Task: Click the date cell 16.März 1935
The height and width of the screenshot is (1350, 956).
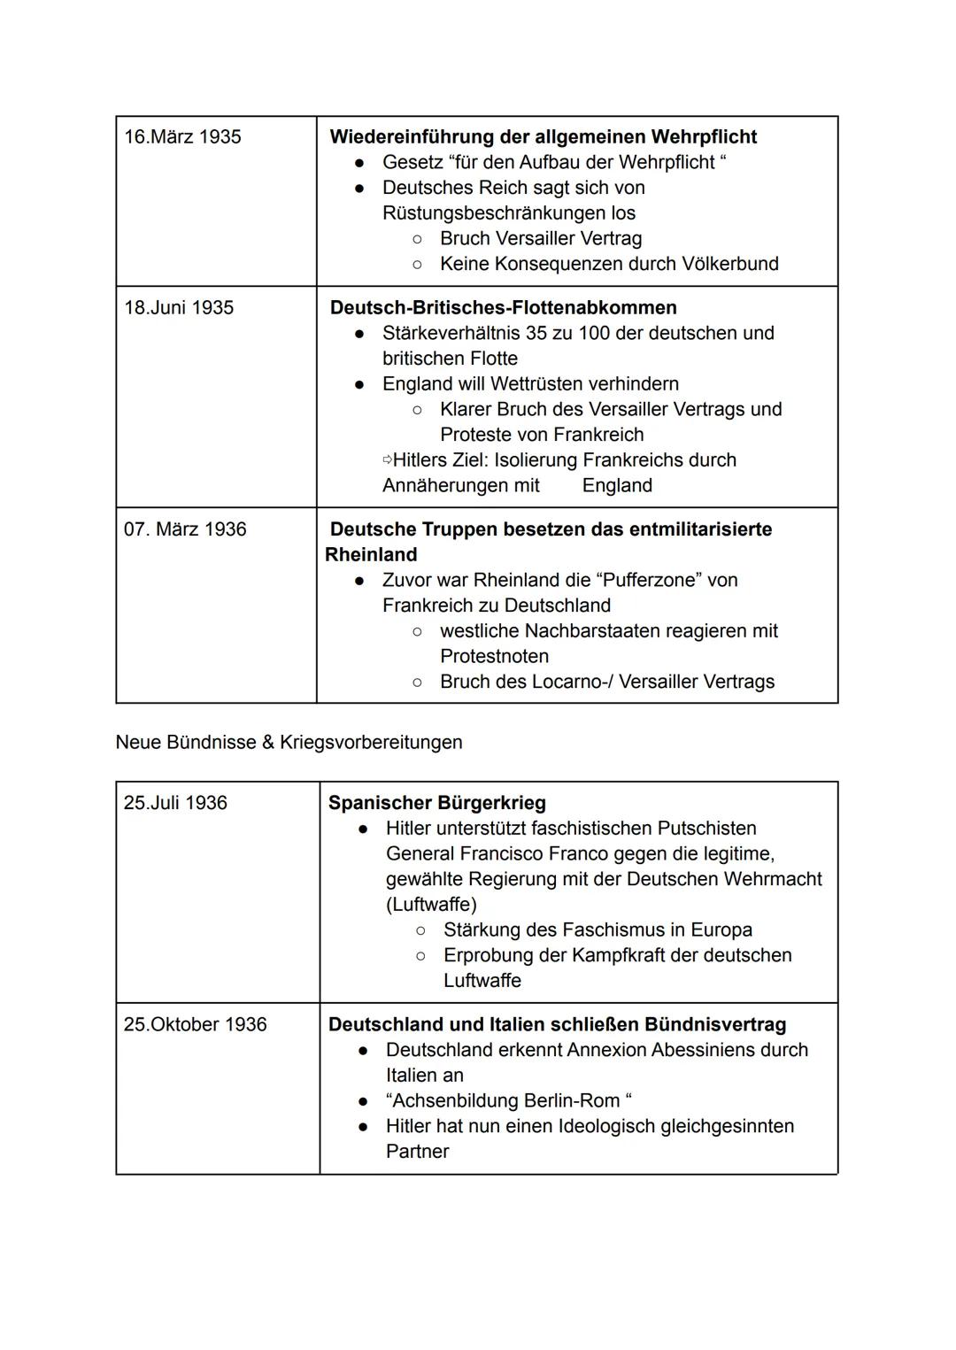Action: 182,137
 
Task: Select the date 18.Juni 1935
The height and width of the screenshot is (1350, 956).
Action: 179,308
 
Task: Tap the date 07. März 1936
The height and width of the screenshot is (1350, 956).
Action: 185,529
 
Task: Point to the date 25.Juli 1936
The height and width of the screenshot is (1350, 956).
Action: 175,803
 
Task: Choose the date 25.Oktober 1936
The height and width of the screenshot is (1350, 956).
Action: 195,1024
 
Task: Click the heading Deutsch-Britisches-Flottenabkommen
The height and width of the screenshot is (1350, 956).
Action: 503,308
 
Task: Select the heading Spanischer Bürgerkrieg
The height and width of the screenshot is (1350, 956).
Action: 436,803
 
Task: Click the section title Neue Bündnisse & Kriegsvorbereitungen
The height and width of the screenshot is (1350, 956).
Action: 289,742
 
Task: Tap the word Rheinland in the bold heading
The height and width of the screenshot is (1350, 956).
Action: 371,555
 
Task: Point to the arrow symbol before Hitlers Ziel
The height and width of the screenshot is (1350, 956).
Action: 387,460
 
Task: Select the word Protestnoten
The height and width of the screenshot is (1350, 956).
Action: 494,657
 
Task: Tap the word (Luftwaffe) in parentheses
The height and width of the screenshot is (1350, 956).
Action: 431,905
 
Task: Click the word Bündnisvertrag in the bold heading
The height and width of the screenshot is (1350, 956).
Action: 714,1024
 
